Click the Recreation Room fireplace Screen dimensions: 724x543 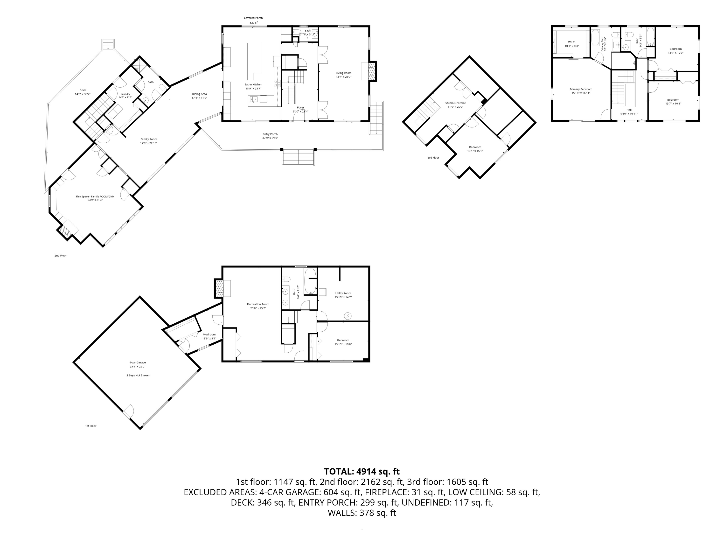(x=219, y=289)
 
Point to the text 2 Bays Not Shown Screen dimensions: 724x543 (x=138, y=376)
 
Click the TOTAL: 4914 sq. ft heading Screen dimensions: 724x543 (x=362, y=472)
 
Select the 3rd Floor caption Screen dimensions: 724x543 (x=433, y=158)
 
